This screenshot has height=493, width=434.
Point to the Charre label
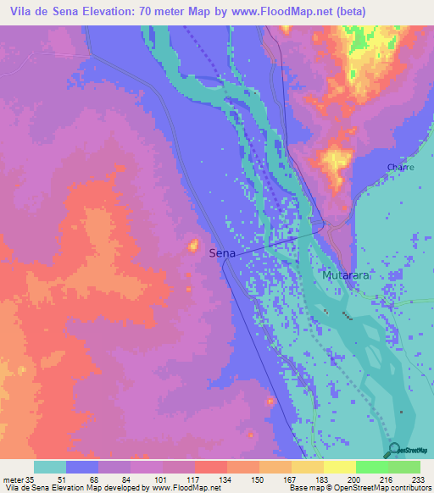[x=400, y=168]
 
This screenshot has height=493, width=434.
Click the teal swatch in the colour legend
[x=50, y=467]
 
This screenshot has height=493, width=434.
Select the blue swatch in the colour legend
[x=82, y=467]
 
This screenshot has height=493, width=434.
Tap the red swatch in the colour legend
[x=210, y=467]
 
